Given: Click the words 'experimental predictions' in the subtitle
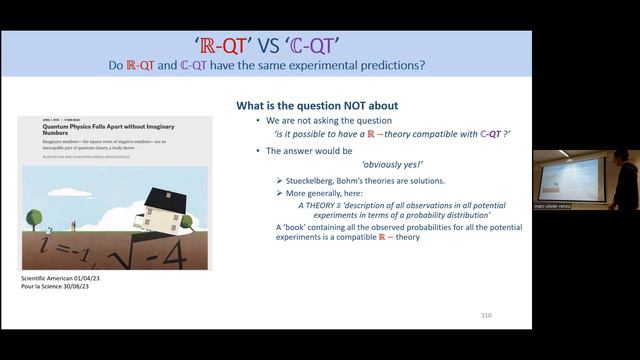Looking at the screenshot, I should [356, 65].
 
